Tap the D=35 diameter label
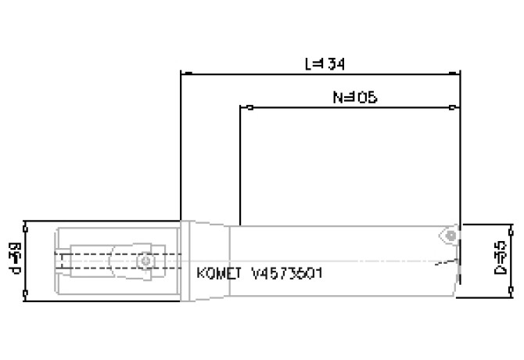click(x=502, y=257)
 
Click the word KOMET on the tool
click(x=218, y=274)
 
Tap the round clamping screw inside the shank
click(x=145, y=259)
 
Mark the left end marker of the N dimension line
click(x=247, y=107)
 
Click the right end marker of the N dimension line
click(x=454, y=107)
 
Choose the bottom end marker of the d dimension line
click(x=27, y=295)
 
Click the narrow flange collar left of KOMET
click(x=187, y=259)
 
